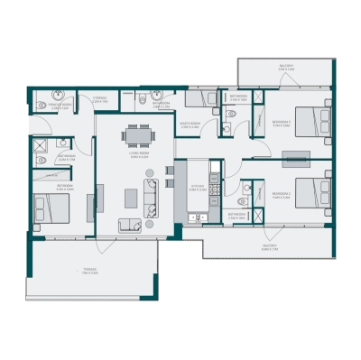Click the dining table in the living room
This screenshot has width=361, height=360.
[x=139, y=135]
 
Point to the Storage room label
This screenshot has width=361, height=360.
[x=100, y=100]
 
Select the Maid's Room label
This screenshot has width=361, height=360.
[x=190, y=127]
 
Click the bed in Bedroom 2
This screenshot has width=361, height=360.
[x=309, y=192]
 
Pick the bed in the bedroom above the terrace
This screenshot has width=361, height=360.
[x=51, y=208]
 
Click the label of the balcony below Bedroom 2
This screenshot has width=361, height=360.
[x=269, y=245]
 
